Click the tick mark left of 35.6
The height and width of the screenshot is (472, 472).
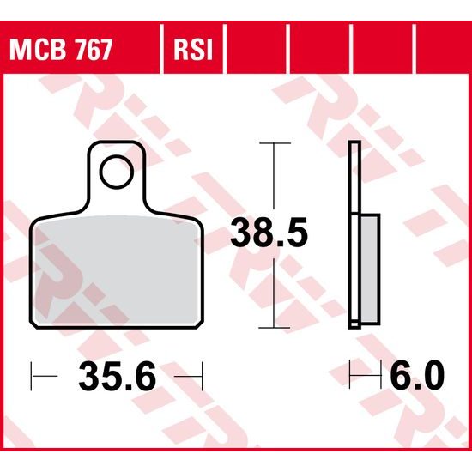click(x=33, y=375)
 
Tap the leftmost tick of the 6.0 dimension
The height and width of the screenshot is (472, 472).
click(x=350, y=375)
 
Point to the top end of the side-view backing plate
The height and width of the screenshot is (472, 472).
click(x=354, y=144)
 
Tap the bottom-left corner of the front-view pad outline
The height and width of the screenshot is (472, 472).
click(x=34, y=324)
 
